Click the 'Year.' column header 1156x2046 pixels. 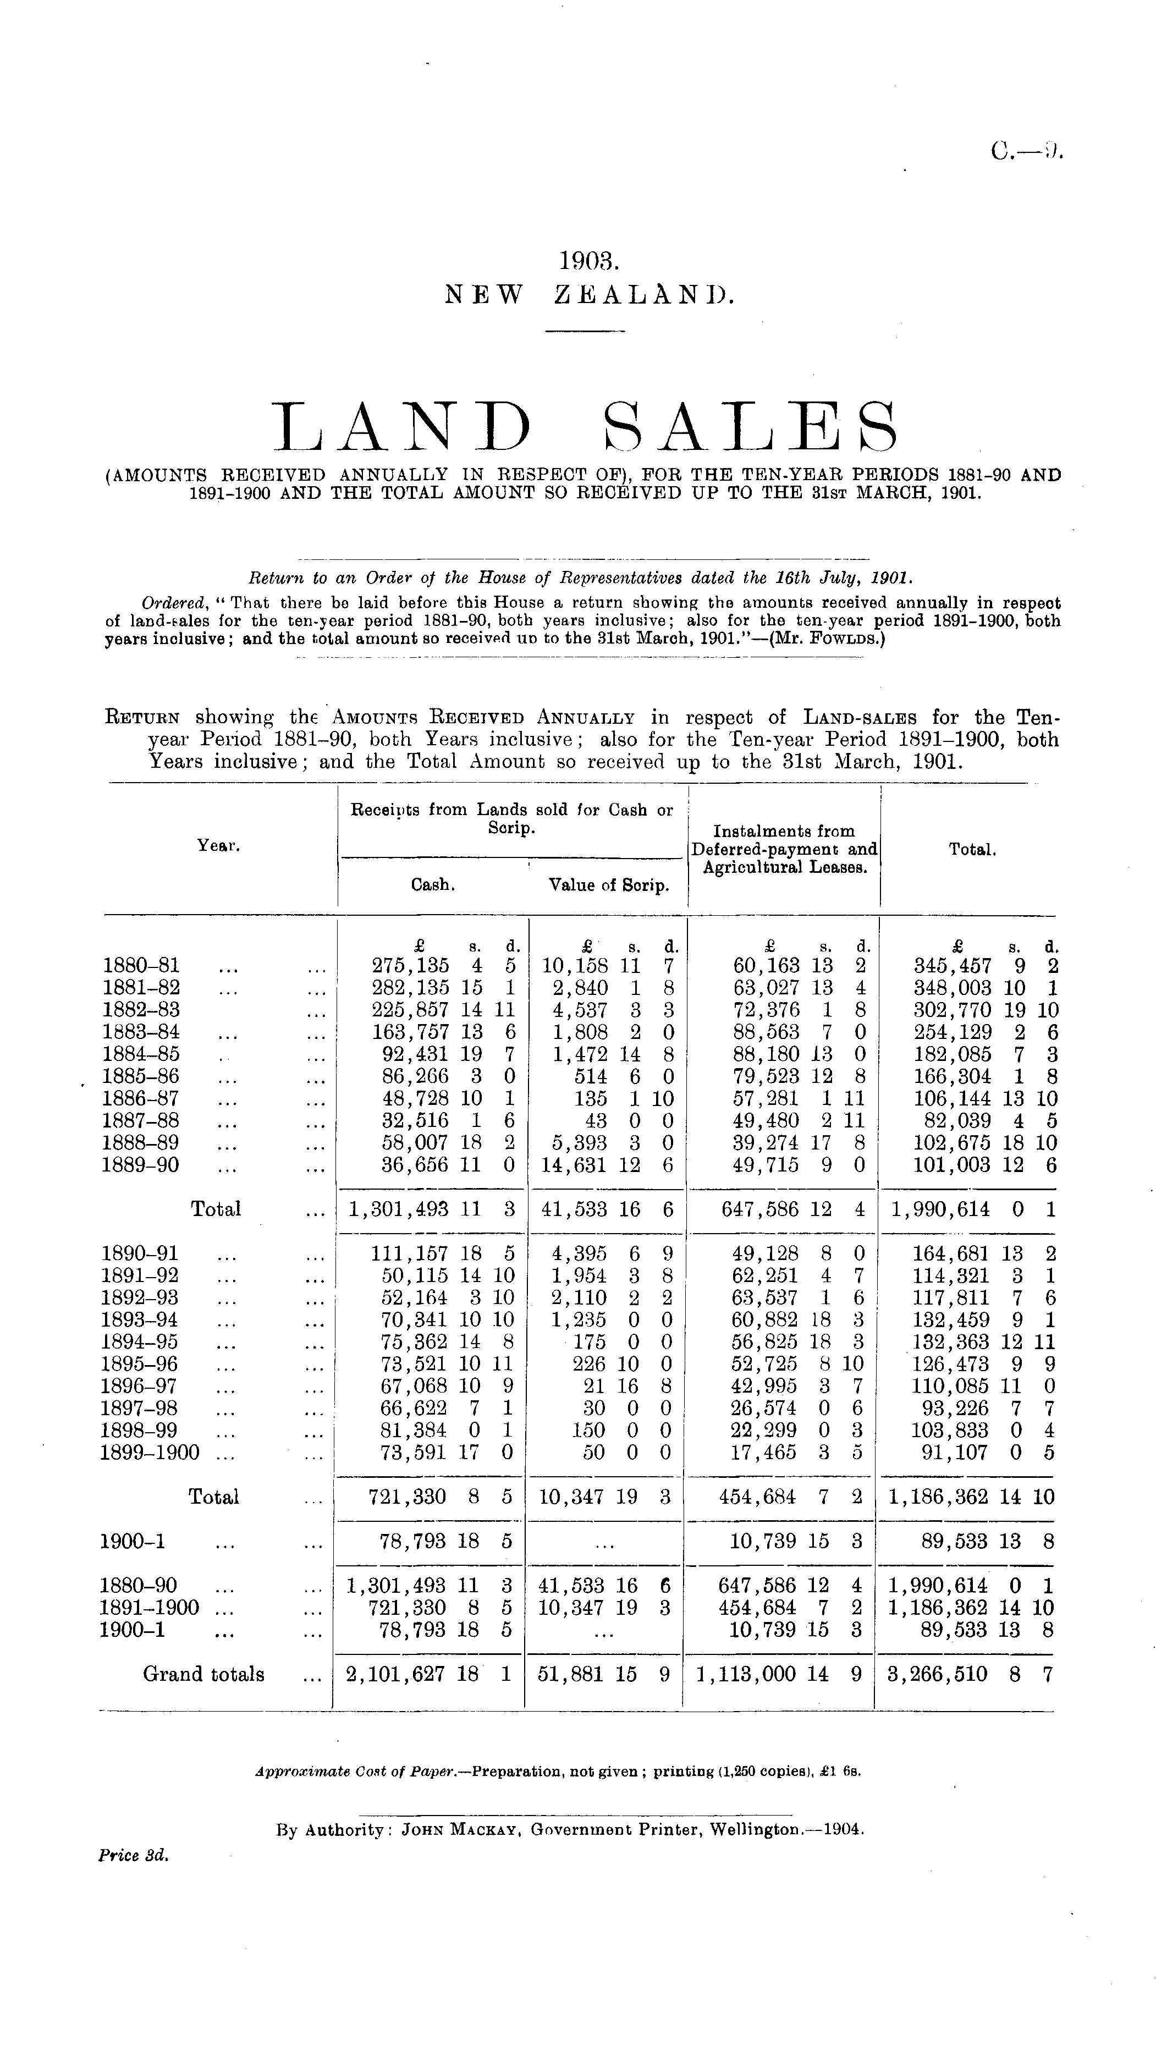pos(219,846)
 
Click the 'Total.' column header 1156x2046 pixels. pos(973,850)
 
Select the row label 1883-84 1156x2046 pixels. pos(141,1032)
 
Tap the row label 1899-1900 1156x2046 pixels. pos(150,1453)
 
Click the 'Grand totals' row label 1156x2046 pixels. pos(203,1674)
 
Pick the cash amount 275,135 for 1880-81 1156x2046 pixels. pos(410,966)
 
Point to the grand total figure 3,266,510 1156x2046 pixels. pos(937,1674)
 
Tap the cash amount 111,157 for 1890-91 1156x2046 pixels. pos(410,1253)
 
